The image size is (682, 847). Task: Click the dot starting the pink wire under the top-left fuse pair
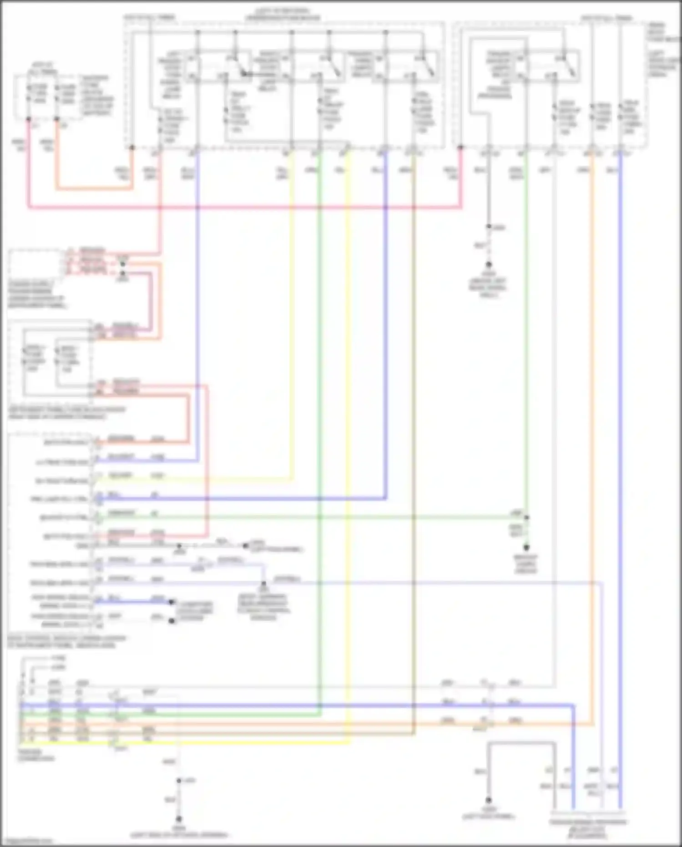[x=29, y=119]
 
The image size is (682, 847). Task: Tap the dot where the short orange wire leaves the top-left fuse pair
[x=57, y=119]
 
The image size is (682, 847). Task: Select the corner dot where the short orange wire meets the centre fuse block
[x=132, y=148]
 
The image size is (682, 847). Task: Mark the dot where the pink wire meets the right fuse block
[x=460, y=148]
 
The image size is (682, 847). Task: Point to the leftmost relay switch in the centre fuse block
[x=241, y=68]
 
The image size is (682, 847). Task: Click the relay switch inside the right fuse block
[x=569, y=68]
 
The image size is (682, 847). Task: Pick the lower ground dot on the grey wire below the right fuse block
[x=489, y=264]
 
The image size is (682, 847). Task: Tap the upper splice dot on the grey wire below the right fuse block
[x=489, y=227]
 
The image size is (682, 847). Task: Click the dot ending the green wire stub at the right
[x=526, y=548]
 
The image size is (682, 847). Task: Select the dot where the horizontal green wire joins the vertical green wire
[x=526, y=517]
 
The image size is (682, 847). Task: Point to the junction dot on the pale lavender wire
[x=264, y=583]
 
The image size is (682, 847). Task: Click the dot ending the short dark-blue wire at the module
[x=172, y=602]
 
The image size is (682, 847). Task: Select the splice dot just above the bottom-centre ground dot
[x=179, y=781]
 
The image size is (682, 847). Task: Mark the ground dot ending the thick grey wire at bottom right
[x=489, y=800]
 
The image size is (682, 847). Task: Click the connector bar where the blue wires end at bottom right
[x=587, y=812]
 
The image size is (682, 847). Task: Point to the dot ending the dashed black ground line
[x=246, y=545]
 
